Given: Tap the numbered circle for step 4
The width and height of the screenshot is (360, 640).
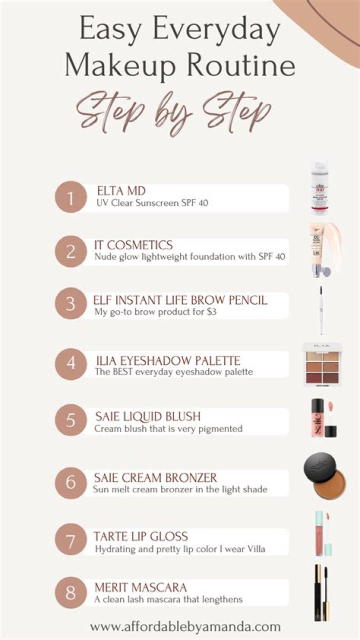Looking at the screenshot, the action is (x=70, y=363).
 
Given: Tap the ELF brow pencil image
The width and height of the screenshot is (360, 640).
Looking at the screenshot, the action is (x=321, y=310).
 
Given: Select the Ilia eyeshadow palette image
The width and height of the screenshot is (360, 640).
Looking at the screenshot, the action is (x=322, y=366).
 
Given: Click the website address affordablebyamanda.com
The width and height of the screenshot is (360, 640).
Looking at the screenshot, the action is (x=185, y=627).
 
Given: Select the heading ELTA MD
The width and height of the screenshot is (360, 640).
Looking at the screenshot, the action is (x=121, y=191).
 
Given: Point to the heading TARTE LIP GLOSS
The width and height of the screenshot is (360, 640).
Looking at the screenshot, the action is (x=140, y=536).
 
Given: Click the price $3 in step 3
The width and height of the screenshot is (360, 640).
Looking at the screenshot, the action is (x=212, y=311).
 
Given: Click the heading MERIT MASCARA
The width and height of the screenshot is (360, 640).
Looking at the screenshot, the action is (x=140, y=587).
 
